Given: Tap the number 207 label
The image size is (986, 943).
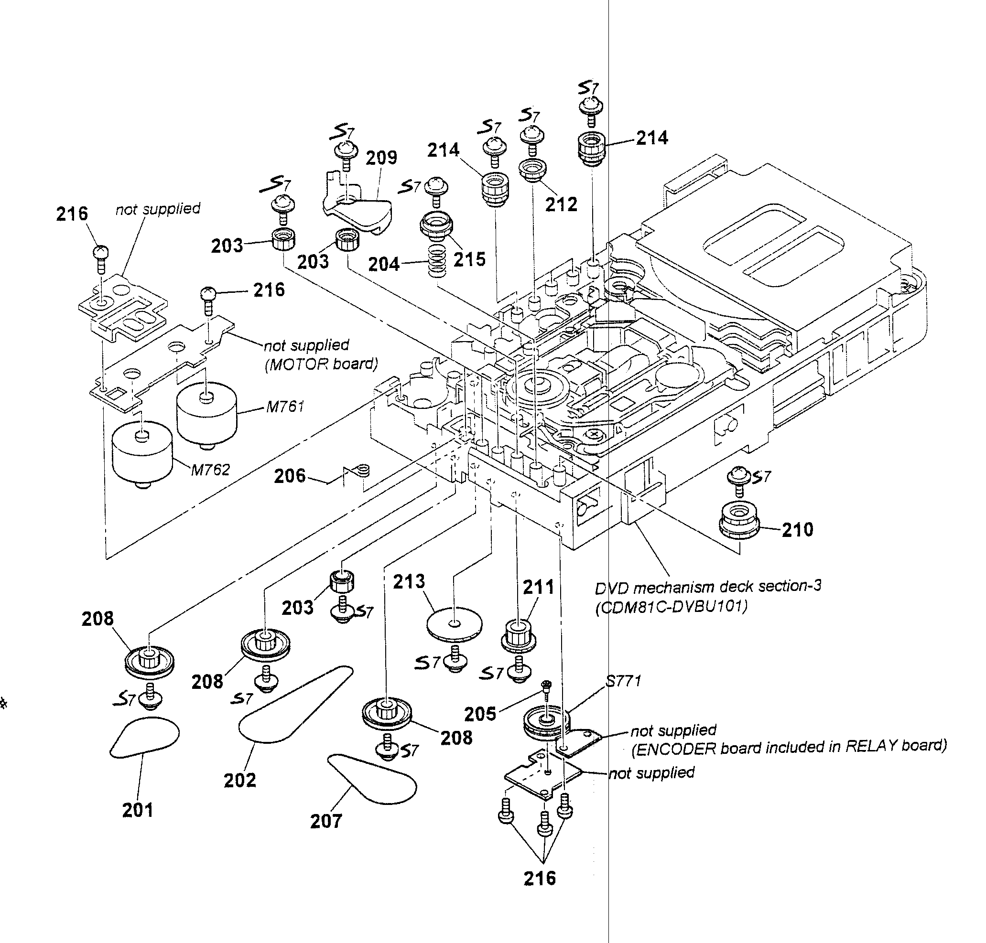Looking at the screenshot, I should pyautogui.click(x=326, y=821).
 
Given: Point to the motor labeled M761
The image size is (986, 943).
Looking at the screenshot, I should pyautogui.click(x=206, y=412).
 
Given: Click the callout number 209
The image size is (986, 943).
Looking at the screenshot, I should pyautogui.click(x=381, y=158).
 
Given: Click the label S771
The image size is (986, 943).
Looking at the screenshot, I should pyautogui.click(x=623, y=681).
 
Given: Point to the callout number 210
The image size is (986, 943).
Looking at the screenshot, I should pyautogui.click(x=797, y=529).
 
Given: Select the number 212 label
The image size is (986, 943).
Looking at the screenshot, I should pyautogui.click(x=561, y=204).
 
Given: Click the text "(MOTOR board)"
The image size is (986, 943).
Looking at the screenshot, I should pyautogui.click(x=321, y=364).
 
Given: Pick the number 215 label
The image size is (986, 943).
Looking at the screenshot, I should pyautogui.click(x=470, y=259).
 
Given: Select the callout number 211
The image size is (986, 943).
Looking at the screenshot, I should pyautogui.click(x=539, y=587).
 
